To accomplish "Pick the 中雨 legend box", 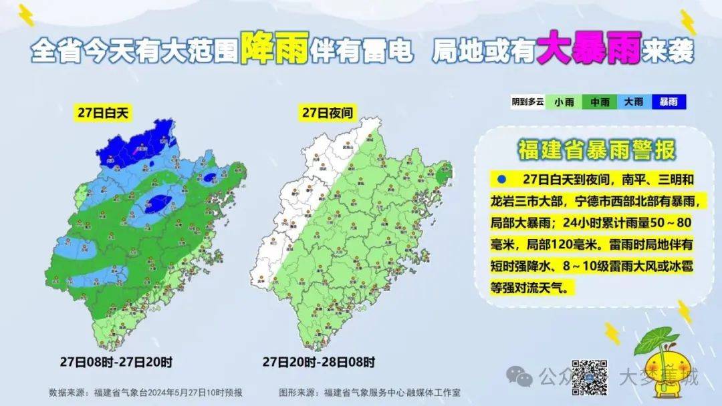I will [599, 102].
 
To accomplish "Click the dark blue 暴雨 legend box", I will [668, 102].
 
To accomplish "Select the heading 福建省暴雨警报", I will [596, 149].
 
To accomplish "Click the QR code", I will [589, 376].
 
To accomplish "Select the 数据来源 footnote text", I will [145, 392].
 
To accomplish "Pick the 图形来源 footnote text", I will [374, 392].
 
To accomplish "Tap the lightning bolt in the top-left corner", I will [25, 15].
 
